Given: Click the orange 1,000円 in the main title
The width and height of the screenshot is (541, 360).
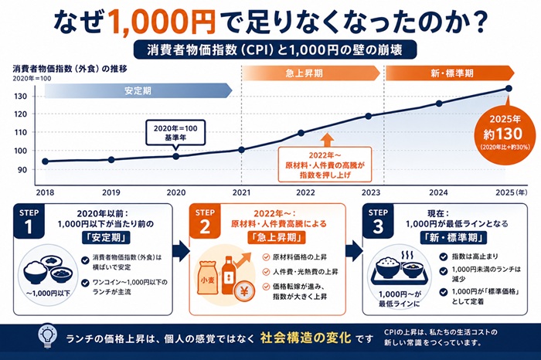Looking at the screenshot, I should (155, 19).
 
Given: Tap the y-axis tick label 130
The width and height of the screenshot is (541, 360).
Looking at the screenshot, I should (21, 97).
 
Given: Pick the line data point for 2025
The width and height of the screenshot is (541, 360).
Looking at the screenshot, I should (508, 87).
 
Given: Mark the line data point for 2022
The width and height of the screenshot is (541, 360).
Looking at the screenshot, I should (301, 132).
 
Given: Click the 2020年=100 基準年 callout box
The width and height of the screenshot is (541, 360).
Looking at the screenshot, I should (175, 131).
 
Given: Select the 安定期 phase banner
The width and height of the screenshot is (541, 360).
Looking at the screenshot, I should (138, 90).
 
